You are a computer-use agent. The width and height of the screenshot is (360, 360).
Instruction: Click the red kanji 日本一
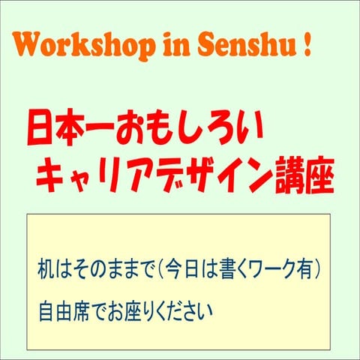68,128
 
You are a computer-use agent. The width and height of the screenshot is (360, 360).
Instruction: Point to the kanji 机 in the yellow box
45,268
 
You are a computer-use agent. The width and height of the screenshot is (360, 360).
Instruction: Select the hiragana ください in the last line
177,308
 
